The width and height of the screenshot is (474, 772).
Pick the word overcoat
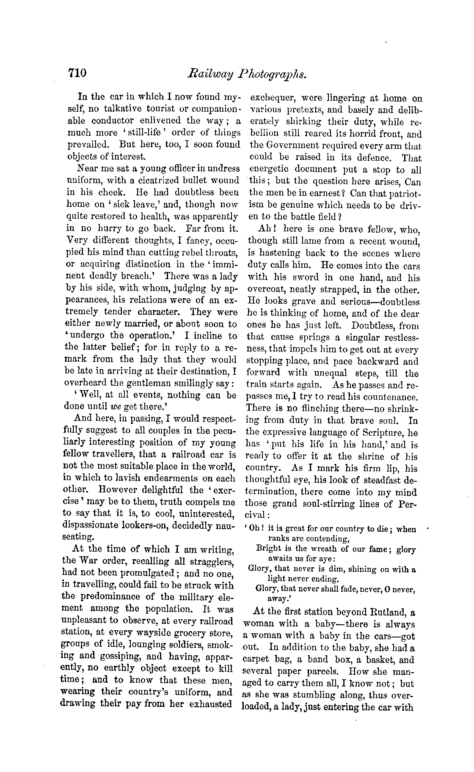(x=265, y=290)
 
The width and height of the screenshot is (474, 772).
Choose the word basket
(x=374, y=659)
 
